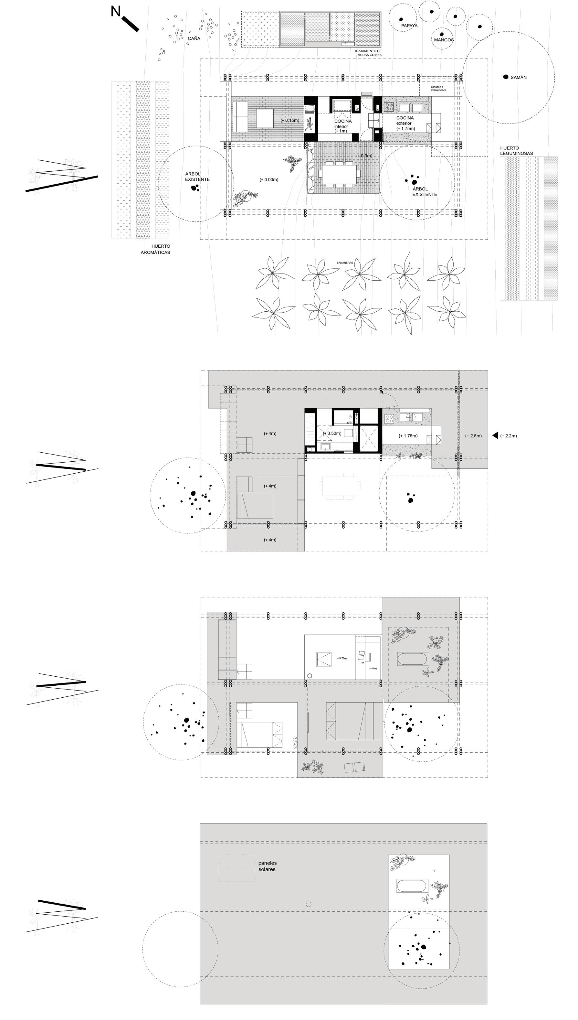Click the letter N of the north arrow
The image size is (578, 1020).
pyautogui.click(x=116, y=12)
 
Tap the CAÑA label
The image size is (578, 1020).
pyautogui.click(x=194, y=38)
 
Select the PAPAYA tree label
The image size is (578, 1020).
pyautogui.click(x=409, y=26)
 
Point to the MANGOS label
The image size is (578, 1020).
pyautogui.click(x=444, y=40)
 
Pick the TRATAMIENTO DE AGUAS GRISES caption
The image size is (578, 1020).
pyautogui.click(x=368, y=53)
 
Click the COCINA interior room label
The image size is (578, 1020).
pyautogui.click(x=342, y=126)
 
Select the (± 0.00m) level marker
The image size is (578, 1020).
pyautogui.click(x=269, y=179)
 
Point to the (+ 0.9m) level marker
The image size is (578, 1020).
pyautogui.click(x=364, y=156)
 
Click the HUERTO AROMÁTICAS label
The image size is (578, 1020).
pyautogui.click(x=156, y=249)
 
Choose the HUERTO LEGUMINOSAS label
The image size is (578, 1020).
pyautogui.click(x=516, y=151)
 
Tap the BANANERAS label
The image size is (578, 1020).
pyautogui.click(x=345, y=263)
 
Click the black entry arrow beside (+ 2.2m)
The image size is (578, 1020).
pyautogui.click(x=495, y=435)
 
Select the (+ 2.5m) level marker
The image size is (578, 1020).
pyautogui.click(x=473, y=436)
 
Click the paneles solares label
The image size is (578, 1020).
pyautogui.click(x=267, y=866)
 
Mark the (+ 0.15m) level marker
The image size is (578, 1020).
pyautogui.click(x=290, y=120)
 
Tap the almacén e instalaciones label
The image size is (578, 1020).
pyautogui.click(x=438, y=89)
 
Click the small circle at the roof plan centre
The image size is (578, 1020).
pyautogui.click(x=309, y=904)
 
